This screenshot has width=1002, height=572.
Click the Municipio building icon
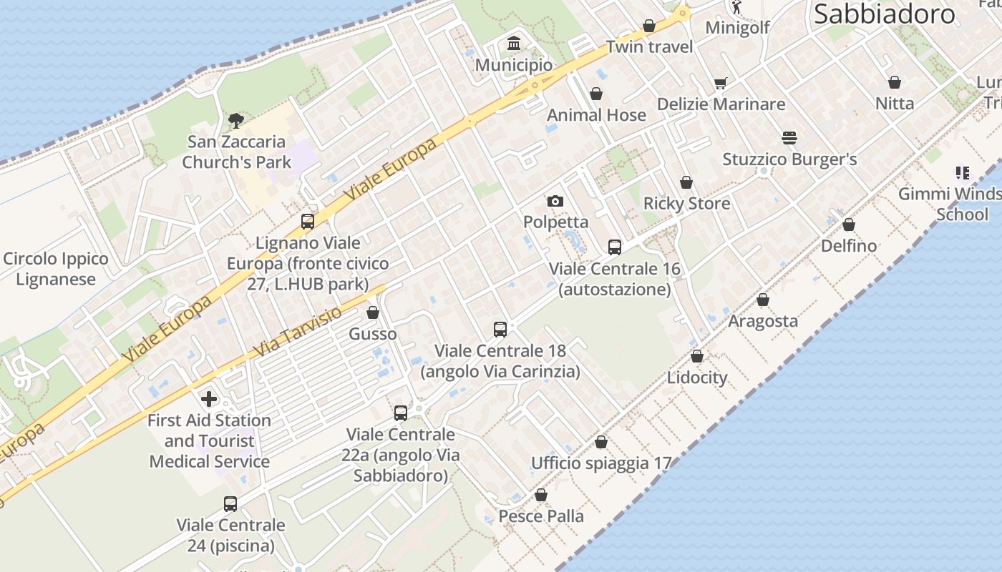pos(514,44)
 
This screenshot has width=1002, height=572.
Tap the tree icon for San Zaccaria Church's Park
pos(235,121)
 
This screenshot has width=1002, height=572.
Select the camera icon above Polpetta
pos(555,202)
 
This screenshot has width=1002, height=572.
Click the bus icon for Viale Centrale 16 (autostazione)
pos(614,247)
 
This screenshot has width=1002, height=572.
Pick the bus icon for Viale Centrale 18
pos(500,330)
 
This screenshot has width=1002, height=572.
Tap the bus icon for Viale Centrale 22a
pos(401,413)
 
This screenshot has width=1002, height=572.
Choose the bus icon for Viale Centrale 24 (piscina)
pos(230,504)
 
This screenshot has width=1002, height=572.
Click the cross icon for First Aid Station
pos(209,399)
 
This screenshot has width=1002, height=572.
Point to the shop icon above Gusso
pos(373,313)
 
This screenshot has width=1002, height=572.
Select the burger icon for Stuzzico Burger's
pos(789,138)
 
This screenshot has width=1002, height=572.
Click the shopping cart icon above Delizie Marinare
pos(721,83)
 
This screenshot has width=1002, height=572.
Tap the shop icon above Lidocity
pos(697,357)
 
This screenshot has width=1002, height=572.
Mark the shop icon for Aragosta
pos(763,300)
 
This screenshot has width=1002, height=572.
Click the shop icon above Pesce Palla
pos(541,495)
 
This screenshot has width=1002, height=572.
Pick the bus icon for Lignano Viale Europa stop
pos(308,222)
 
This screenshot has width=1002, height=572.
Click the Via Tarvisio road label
pos(298,333)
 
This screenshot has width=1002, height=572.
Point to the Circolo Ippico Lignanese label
pos(56,269)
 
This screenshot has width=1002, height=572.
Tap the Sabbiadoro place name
pos(885,14)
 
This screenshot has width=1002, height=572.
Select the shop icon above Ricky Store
pos(686,183)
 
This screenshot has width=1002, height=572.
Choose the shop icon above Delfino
pos(849,225)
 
